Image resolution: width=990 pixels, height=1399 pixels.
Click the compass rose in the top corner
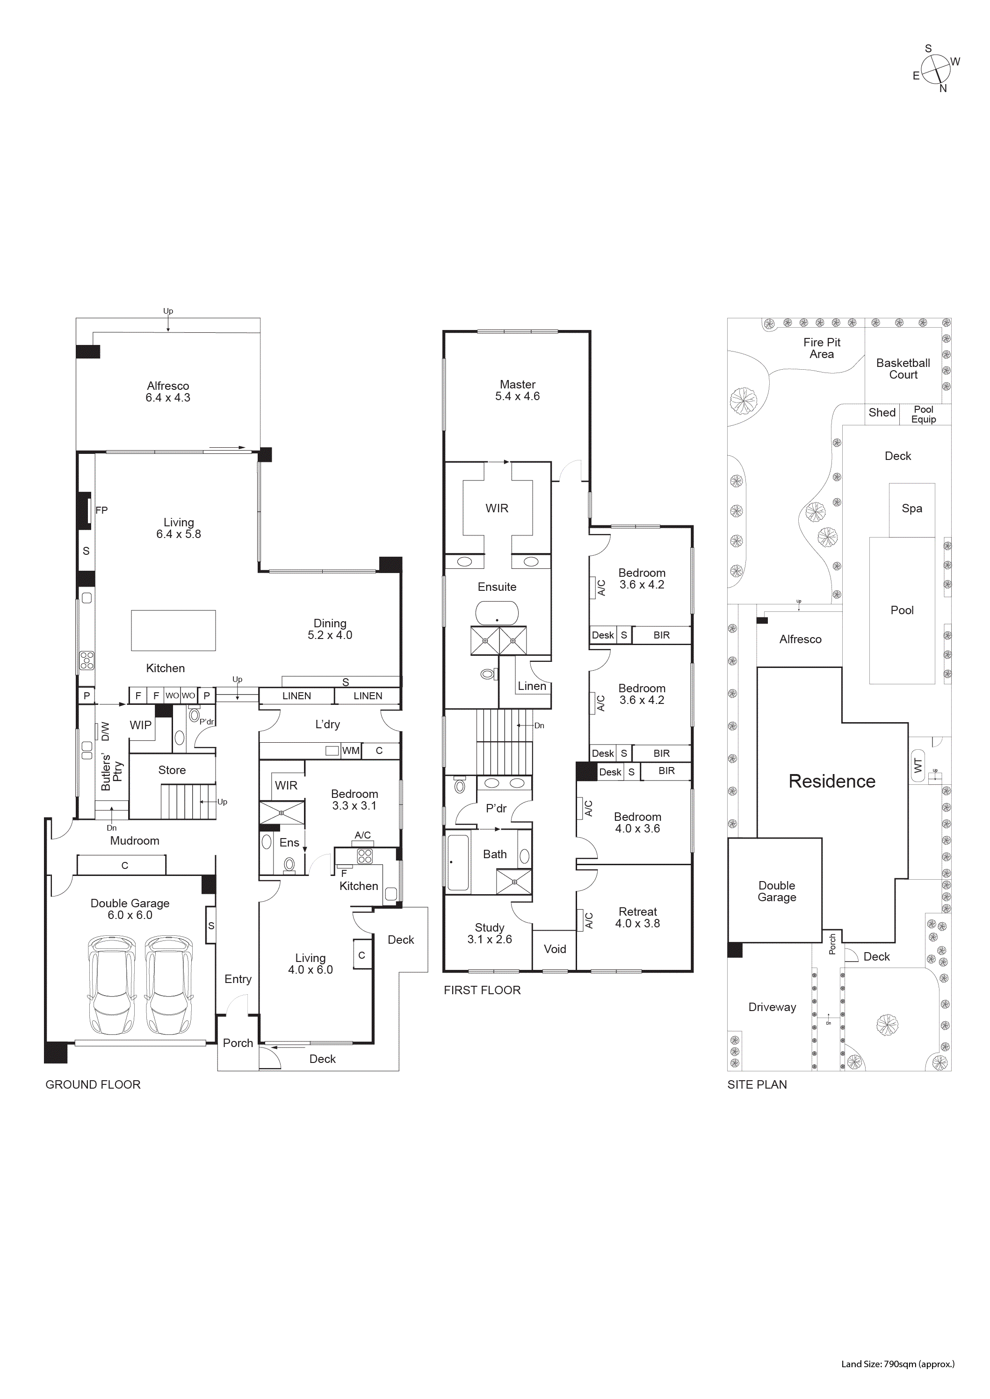(x=935, y=69)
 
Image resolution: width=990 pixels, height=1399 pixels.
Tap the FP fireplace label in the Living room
(x=101, y=510)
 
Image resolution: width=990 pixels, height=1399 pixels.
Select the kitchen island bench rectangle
(x=173, y=631)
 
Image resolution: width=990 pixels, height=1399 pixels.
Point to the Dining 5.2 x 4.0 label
(x=330, y=629)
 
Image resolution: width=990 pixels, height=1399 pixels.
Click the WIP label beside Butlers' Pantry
(x=140, y=725)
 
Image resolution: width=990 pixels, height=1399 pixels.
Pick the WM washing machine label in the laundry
(x=351, y=751)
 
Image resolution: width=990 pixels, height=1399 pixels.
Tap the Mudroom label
(x=135, y=841)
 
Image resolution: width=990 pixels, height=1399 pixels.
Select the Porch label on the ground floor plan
(x=238, y=1043)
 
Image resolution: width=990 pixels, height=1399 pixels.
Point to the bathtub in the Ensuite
(x=497, y=613)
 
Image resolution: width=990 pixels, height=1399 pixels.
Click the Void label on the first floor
(x=555, y=949)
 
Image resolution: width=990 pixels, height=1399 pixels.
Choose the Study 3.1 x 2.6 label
(x=490, y=933)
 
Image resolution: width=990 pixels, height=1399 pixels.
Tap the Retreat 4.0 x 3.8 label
(x=638, y=918)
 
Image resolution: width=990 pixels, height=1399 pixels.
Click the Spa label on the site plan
(x=912, y=508)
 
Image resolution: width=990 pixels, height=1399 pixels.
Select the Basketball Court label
(x=903, y=369)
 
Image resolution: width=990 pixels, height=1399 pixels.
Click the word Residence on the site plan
(x=831, y=781)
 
